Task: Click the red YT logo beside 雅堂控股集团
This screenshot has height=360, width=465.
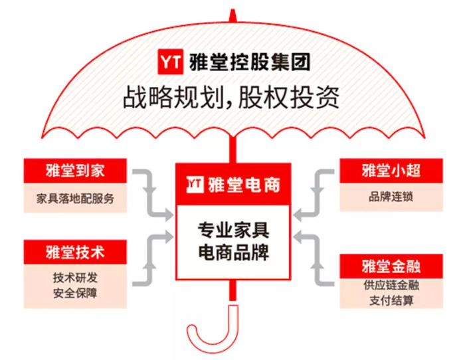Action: pyautogui.click(x=170, y=62)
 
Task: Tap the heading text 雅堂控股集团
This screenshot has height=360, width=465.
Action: pyautogui.click(x=250, y=62)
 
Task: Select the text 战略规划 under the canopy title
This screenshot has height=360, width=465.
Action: pyautogui.click(x=173, y=97)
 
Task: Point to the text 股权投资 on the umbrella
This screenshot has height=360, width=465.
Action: pyautogui.click(x=288, y=97)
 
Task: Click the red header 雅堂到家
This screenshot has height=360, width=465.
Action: pyautogui.click(x=75, y=171)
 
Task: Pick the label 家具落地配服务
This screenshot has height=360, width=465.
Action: pyautogui.click(x=75, y=199)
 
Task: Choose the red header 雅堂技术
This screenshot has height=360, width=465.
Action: pyautogui.click(x=75, y=252)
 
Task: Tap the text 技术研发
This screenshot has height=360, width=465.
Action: pyautogui.click(x=75, y=278)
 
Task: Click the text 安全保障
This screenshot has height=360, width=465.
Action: pyautogui.click(x=75, y=293)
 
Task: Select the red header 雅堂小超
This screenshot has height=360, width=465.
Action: pyautogui.click(x=391, y=171)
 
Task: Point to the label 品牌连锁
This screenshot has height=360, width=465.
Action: pyautogui.click(x=391, y=197)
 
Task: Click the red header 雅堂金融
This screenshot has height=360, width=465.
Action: pyautogui.click(x=391, y=266)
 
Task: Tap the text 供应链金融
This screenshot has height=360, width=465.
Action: pyautogui.click(x=391, y=285)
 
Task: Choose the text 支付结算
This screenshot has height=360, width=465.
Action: pyautogui.click(x=391, y=301)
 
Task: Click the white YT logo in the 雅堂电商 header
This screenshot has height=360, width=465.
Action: pyautogui.click(x=195, y=185)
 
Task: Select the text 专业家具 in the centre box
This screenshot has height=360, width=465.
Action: pyautogui.click(x=233, y=230)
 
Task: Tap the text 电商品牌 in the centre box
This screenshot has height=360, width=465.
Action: pyautogui.click(x=233, y=252)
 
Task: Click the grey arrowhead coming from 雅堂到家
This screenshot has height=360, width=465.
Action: pyautogui.click(x=169, y=214)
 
